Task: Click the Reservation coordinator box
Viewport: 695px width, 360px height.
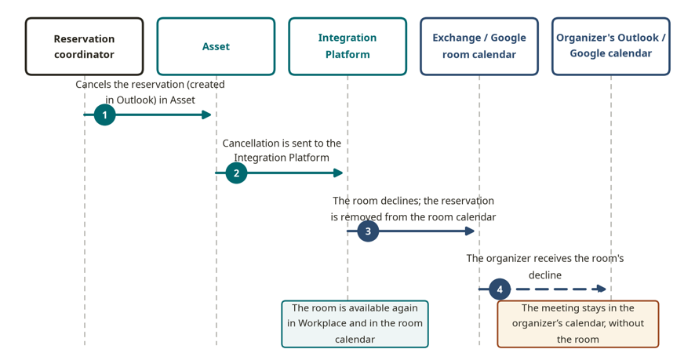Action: click(x=84, y=46)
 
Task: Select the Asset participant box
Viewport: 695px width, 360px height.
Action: click(x=216, y=46)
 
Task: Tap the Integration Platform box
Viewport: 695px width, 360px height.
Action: click(x=347, y=46)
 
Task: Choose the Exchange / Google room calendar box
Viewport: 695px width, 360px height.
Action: click(x=479, y=46)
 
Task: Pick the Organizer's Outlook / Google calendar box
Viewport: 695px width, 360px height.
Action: click(x=611, y=46)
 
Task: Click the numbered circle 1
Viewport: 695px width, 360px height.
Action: click(x=104, y=115)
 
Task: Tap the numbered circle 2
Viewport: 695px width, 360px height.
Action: click(x=236, y=173)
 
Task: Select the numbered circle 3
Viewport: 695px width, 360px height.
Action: click(x=368, y=231)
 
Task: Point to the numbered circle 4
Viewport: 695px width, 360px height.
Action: click(x=500, y=289)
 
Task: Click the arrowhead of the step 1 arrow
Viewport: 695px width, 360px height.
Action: click(x=206, y=115)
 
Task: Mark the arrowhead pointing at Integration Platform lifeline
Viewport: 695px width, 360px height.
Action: click(x=338, y=173)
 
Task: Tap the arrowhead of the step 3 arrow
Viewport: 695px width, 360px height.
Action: click(x=470, y=231)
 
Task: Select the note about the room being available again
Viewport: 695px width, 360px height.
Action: click(x=355, y=324)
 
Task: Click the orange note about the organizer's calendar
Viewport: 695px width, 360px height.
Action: click(x=578, y=324)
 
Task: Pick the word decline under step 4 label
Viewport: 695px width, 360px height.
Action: click(x=545, y=275)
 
